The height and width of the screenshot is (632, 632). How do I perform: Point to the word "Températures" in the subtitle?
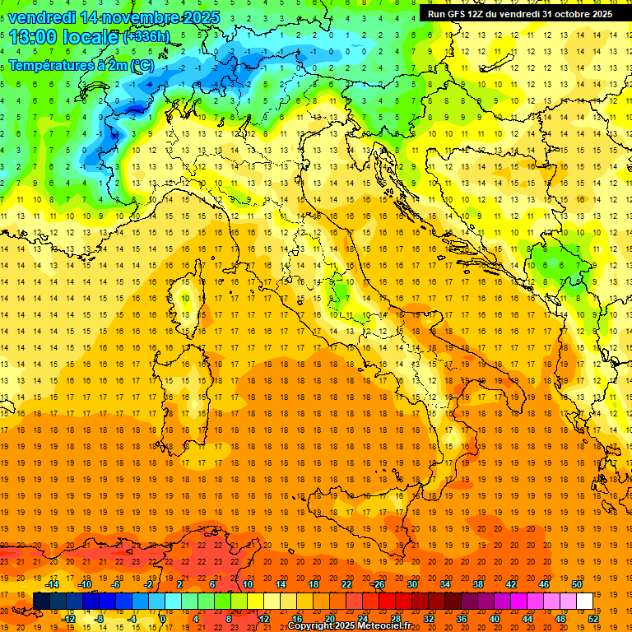click(x=51, y=65)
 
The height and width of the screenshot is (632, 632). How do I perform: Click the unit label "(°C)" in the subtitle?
click(x=140, y=65)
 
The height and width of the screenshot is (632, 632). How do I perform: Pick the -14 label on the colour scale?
click(x=53, y=584)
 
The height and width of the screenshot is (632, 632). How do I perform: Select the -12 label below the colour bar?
click(x=69, y=618)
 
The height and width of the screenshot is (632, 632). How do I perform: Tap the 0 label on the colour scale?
click(x=163, y=618)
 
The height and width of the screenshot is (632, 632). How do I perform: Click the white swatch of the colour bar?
click(x=585, y=601)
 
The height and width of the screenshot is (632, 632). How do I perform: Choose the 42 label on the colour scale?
click(x=511, y=584)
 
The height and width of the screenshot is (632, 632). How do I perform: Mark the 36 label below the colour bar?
click(x=462, y=618)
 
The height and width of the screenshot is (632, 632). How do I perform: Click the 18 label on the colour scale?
click(x=314, y=584)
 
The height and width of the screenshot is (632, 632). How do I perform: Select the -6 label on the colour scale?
click(x=118, y=584)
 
